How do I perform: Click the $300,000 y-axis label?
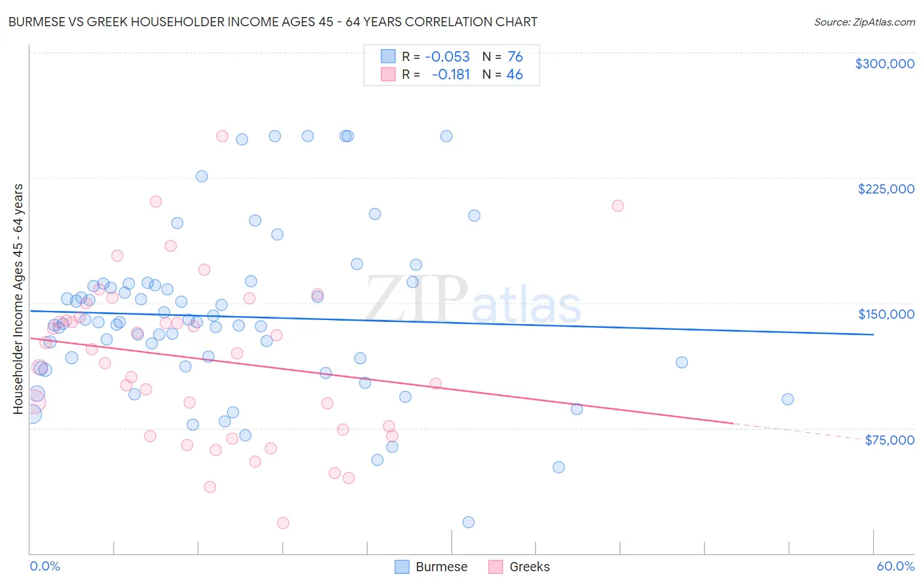click(x=884, y=64)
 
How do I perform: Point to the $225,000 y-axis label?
click(x=886, y=189)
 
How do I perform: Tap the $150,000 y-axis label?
click(x=886, y=314)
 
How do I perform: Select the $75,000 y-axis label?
click(x=889, y=440)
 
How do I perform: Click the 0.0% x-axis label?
click(x=45, y=566)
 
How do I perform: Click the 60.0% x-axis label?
click(x=895, y=566)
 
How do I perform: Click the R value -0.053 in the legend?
click(x=447, y=57)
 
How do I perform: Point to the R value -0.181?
click(x=450, y=75)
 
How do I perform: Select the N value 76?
click(x=515, y=57)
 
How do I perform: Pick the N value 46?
click(x=515, y=75)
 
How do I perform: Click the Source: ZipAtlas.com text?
click(x=864, y=22)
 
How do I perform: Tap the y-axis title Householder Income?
click(x=18, y=299)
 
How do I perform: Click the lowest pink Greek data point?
click(x=283, y=523)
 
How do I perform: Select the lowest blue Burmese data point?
click(x=468, y=522)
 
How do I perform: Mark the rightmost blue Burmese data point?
click(x=788, y=399)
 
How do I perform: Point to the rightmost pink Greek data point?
click(x=618, y=206)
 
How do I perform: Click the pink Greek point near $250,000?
click(x=222, y=136)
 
